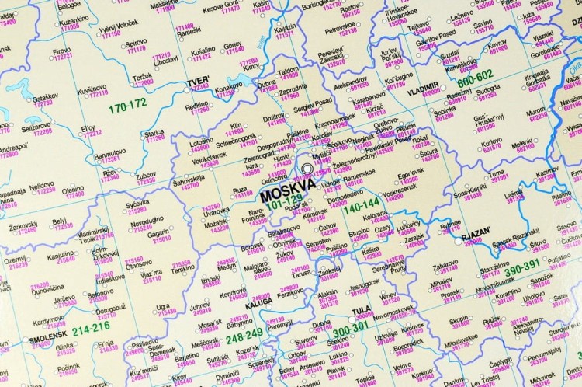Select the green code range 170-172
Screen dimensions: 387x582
point(128,104)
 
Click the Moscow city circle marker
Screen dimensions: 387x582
point(309,169)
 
